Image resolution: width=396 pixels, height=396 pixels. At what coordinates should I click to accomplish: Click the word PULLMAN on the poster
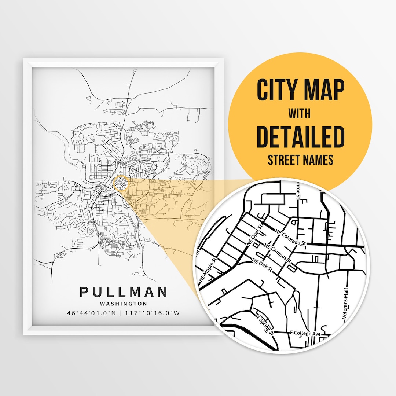tap(123, 292)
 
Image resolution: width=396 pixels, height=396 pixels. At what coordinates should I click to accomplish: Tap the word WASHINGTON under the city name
tap(123, 304)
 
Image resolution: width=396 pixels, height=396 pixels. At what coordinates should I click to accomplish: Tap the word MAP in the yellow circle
tap(322, 90)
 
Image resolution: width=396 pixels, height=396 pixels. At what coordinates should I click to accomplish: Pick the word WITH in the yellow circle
tap(300, 114)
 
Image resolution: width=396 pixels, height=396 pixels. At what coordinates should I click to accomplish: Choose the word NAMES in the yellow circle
tap(319, 160)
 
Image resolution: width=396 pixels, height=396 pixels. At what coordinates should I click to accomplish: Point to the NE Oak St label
tap(262, 264)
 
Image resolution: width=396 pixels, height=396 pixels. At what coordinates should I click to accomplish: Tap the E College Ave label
tap(305, 333)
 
